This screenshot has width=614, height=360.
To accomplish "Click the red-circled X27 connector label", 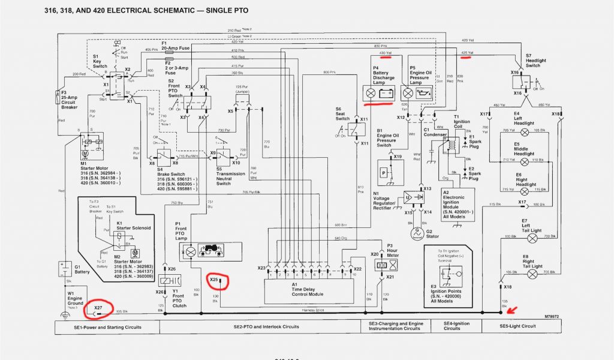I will pos(98,308).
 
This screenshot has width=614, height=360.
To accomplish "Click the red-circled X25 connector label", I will pos(214,280).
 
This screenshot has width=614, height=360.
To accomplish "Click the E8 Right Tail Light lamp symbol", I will pos(532,274).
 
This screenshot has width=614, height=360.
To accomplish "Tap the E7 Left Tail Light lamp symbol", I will pos(532,238).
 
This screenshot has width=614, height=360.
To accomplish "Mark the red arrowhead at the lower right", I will pos(510,310).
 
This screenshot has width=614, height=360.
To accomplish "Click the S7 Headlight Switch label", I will pos(535,59).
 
